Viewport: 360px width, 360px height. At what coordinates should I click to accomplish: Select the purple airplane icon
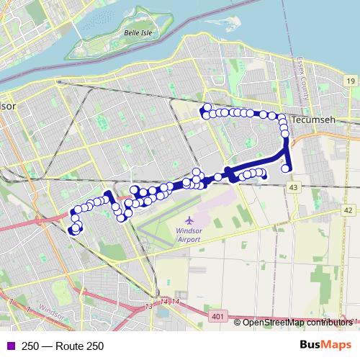pyautogui.click(x=189, y=220)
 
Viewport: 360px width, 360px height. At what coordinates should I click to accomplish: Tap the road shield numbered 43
pyautogui.click(x=293, y=186)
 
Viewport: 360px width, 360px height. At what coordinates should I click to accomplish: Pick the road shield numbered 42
pyautogui.click(x=348, y=210)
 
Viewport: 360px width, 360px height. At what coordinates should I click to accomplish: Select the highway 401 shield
pyautogui.click(x=218, y=315)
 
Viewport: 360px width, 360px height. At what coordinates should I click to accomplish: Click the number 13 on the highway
pyautogui.click(x=149, y=307)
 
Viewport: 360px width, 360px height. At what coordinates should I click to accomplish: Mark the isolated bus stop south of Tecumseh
pyautogui.click(x=286, y=168)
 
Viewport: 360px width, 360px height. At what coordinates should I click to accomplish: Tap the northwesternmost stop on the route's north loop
pyautogui.click(x=206, y=108)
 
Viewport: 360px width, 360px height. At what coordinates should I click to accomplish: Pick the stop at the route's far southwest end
pyautogui.click(x=74, y=230)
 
